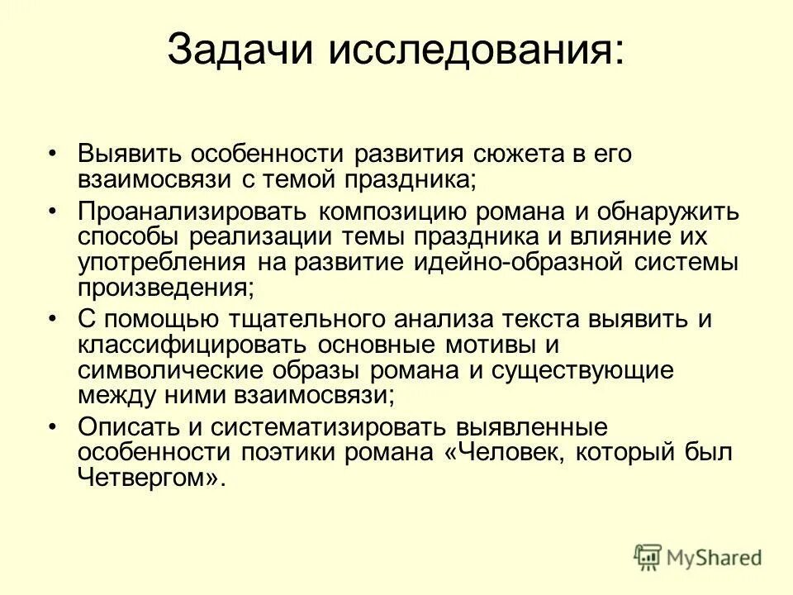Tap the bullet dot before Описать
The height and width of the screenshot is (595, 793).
52,426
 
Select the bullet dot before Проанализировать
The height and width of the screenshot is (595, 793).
52,210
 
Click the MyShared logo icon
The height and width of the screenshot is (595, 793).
648,556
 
